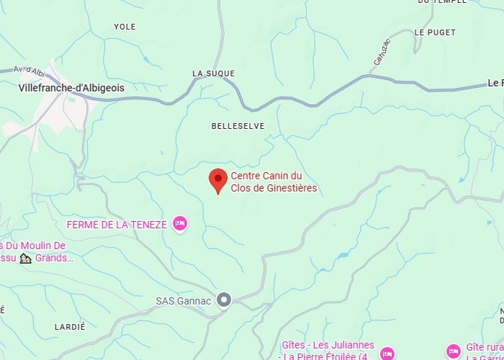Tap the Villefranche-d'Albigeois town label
[71, 88]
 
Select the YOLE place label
[125, 27]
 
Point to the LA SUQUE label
[210, 73]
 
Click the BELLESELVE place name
[238, 126]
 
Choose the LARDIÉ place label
[70, 326]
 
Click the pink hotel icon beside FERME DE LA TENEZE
[180, 225]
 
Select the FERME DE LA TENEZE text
[117, 225]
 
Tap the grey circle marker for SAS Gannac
[224, 300]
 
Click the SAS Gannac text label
[184, 301]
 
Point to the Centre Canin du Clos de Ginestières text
[274, 182]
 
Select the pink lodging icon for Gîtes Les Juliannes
[387, 353]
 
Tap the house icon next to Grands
[26, 258]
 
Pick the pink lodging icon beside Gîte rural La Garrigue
[454, 351]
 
